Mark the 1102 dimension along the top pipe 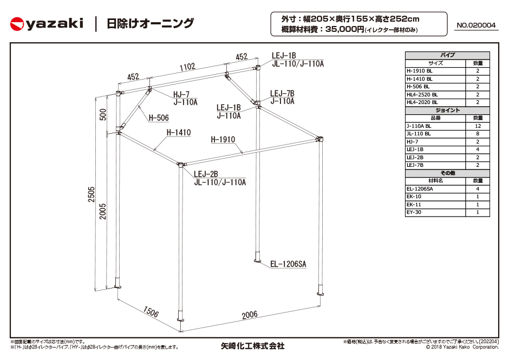tap(187, 67)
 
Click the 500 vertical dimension tap(103, 114)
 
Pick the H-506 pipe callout tap(158, 118)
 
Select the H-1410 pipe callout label tap(178, 132)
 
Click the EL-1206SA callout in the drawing tap(288, 264)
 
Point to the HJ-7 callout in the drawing tap(181, 94)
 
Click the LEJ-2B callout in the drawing tap(206, 174)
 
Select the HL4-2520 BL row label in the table tap(422, 94)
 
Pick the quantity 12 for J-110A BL tap(478, 126)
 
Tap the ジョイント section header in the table tap(447, 110)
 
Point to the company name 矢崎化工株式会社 tap(252, 345)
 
